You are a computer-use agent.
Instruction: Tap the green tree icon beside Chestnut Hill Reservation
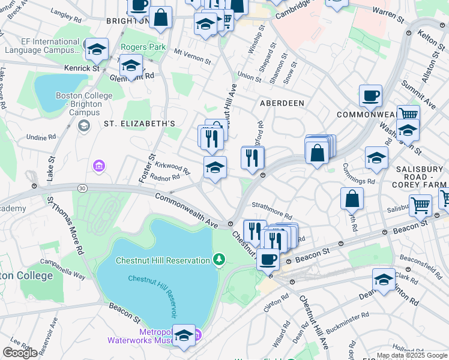[x=220, y=259]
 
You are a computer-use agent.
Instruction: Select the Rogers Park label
[x=143, y=47]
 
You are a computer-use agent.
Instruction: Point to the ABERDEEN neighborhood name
[x=282, y=103]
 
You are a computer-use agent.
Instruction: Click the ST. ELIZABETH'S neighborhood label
[x=139, y=124]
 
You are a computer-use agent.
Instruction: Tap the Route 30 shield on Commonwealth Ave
[x=82, y=188]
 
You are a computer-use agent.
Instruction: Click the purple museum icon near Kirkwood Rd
[x=98, y=165]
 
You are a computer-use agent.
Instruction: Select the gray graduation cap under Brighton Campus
[x=83, y=125]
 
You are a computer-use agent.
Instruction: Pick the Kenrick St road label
[x=82, y=68]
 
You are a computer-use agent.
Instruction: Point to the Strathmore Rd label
[x=271, y=210]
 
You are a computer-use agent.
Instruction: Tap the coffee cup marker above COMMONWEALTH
[x=370, y=95]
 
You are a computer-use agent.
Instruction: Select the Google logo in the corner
[x=20, y=352]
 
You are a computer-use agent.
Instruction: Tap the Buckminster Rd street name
[x=348, y=315]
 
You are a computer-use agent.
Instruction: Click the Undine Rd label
[x=40, y=137]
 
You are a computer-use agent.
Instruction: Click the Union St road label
[x=249, y=77]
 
